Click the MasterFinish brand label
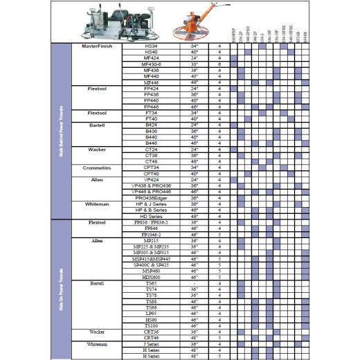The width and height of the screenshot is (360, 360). tap(96, 46)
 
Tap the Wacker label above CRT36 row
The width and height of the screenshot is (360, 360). tap(96, 332)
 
